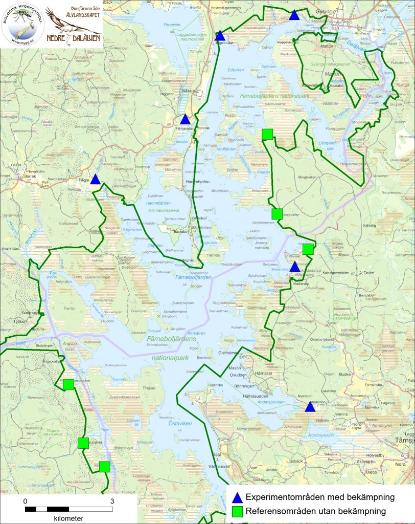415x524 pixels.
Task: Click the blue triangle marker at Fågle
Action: click(95, 179)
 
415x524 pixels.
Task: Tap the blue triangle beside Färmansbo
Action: click(185, 119)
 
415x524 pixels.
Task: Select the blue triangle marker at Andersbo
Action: click(310, 407)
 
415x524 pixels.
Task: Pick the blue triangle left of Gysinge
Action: click(294, 15)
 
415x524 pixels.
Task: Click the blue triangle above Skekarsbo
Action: click(294, 267)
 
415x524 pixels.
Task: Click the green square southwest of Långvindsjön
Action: click(267, 134)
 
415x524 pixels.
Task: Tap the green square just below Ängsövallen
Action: click(68, 384)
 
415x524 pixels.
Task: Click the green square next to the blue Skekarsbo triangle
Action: click(308, 249)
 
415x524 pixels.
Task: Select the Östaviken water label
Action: click(178, 423)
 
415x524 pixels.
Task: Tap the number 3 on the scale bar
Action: click(112, 501)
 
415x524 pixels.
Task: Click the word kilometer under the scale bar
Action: click(68, 518)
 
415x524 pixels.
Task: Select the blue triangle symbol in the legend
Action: click(237, 497)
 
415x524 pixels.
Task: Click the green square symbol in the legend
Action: click(237, 511)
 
